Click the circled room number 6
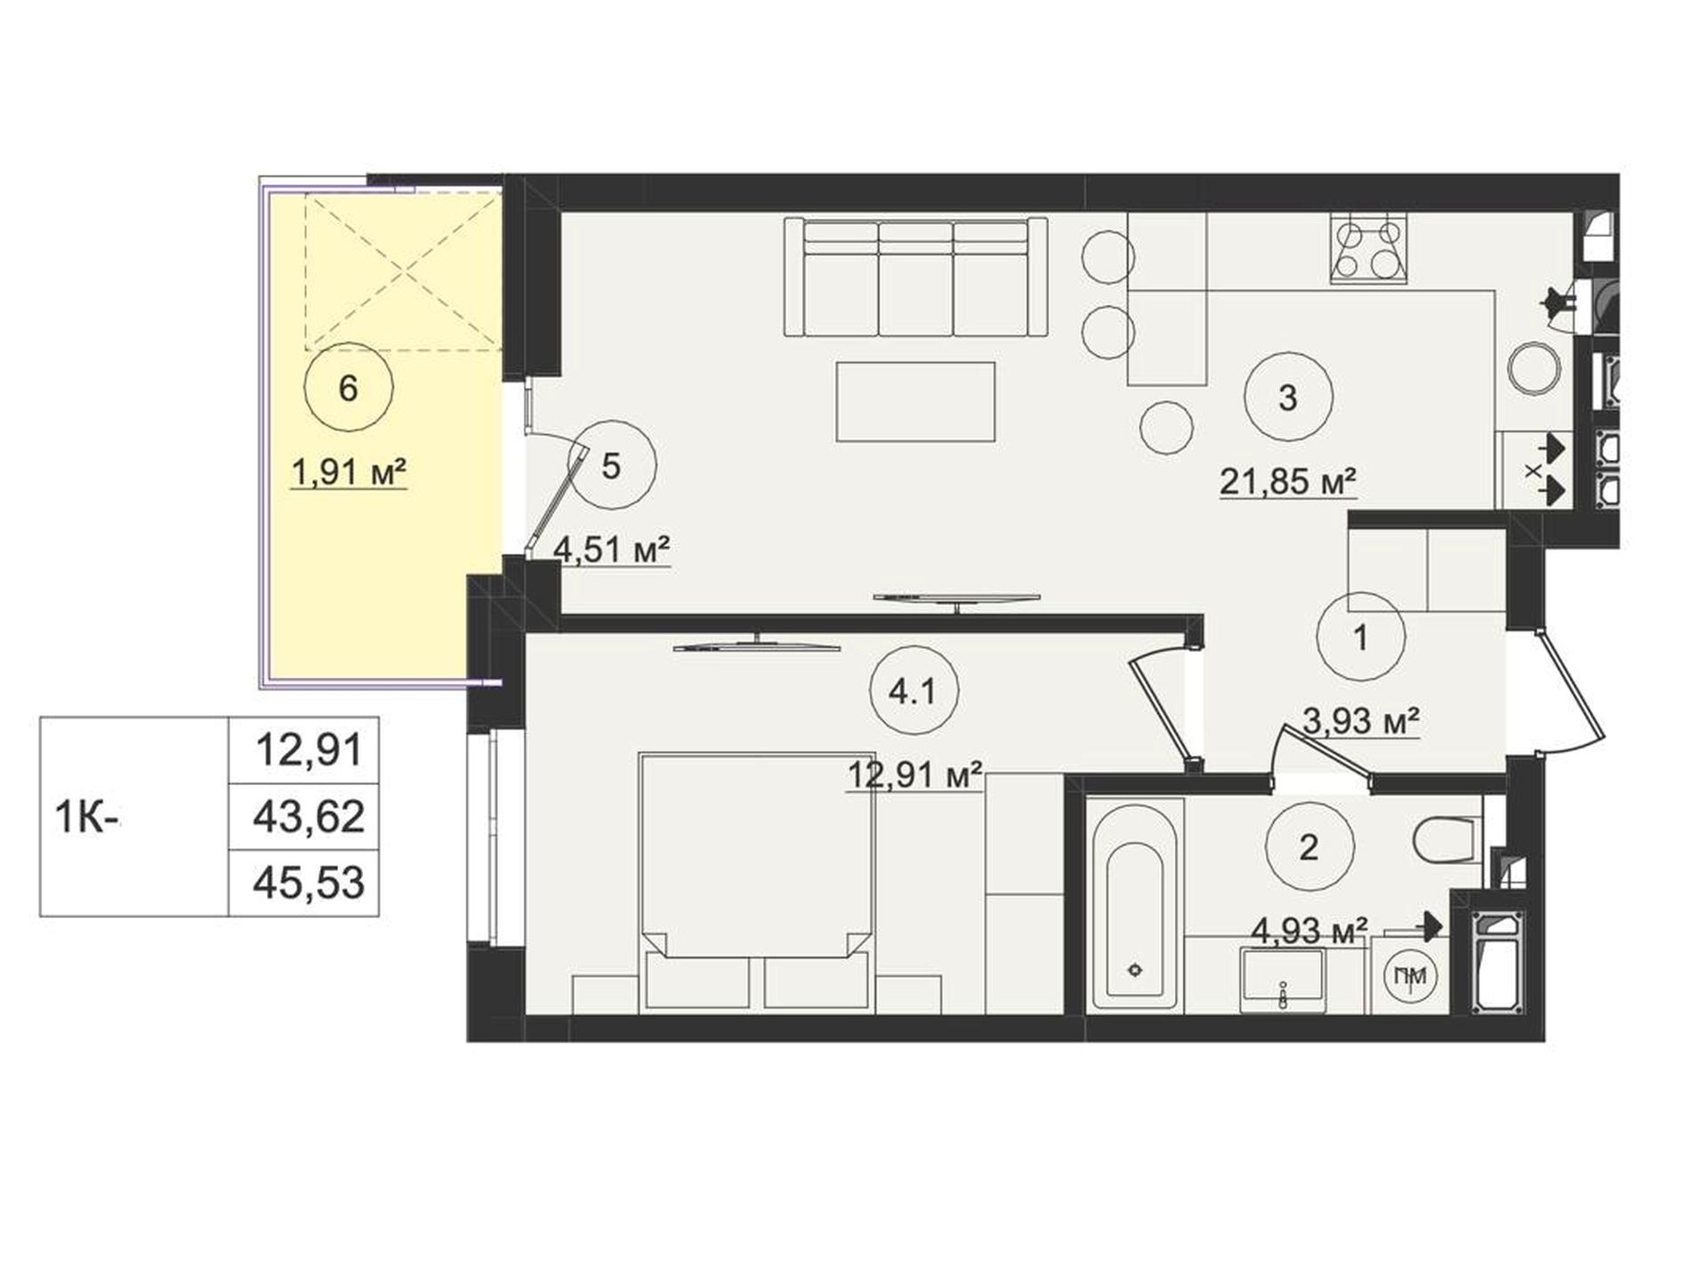348,388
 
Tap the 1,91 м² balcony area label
349,472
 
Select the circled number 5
611,464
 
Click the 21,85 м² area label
1287,482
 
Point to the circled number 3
1288,397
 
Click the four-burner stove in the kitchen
1370,248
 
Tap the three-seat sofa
915,277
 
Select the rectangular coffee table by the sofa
915,402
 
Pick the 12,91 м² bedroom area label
914,775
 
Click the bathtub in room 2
1134,904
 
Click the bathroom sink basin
1283,979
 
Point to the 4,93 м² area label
1309,931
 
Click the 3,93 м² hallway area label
1360,721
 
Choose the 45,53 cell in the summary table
309,882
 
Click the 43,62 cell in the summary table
309,817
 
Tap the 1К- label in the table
87,818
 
